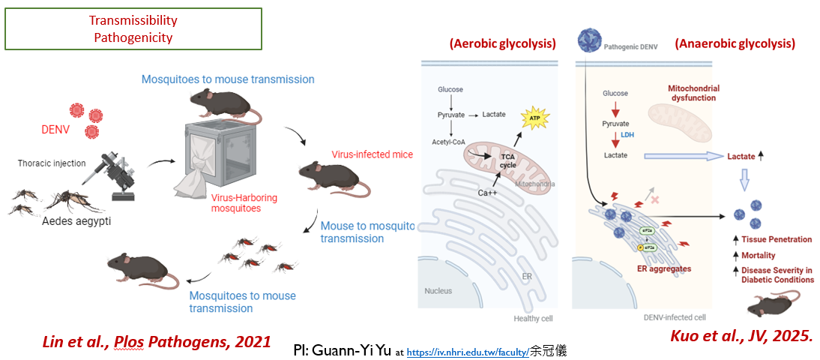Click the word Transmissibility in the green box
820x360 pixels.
point(133,20)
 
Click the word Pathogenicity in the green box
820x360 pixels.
point(133,37)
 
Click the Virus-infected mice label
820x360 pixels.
point(372,155)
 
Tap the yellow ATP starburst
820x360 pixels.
point(534,118)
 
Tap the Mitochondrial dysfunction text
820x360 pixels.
point(693,93)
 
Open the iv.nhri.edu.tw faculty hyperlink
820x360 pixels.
point(468,350)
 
